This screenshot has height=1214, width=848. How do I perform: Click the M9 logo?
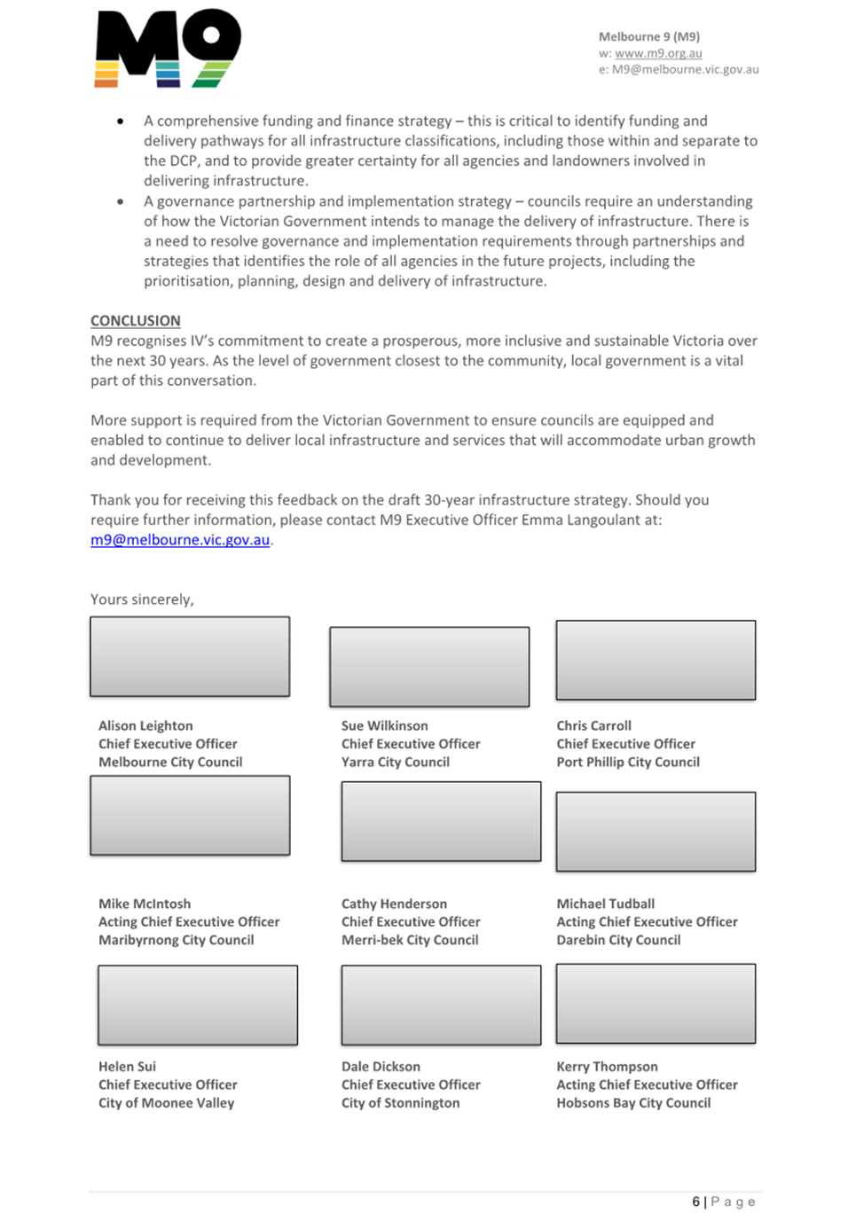click(167, 49)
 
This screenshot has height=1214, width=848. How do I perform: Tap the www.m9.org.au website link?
click(658, 53)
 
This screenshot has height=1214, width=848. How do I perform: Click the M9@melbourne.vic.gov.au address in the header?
click(685, 69)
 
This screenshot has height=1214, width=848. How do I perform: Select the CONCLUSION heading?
click(135, 320)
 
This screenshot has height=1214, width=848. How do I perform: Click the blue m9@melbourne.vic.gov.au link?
click(180, 539)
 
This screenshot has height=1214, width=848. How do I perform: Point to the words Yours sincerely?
click(142, 599)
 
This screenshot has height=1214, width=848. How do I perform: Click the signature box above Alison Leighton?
click(190, 656)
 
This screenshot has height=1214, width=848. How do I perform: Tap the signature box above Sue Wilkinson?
click(429, 666)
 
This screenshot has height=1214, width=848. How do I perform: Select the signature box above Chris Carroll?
click(656, 660)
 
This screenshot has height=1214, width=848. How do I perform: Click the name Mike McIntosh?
click(145, 904)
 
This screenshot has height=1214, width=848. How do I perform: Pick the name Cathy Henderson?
click(394, 904)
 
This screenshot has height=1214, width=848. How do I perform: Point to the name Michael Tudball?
click(605, 904)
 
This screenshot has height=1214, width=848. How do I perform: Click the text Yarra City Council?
click(396, 762)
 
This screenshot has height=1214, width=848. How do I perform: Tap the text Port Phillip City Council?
click(628, 762)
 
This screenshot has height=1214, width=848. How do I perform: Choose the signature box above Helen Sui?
click(198, 1005)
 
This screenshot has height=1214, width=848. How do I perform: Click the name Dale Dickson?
click(381, 1067)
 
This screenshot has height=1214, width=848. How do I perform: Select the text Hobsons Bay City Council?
click(633, 1103)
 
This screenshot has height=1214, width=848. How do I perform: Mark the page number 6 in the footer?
click(695, 1202)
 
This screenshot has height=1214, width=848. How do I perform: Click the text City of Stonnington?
click(400, 1103)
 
